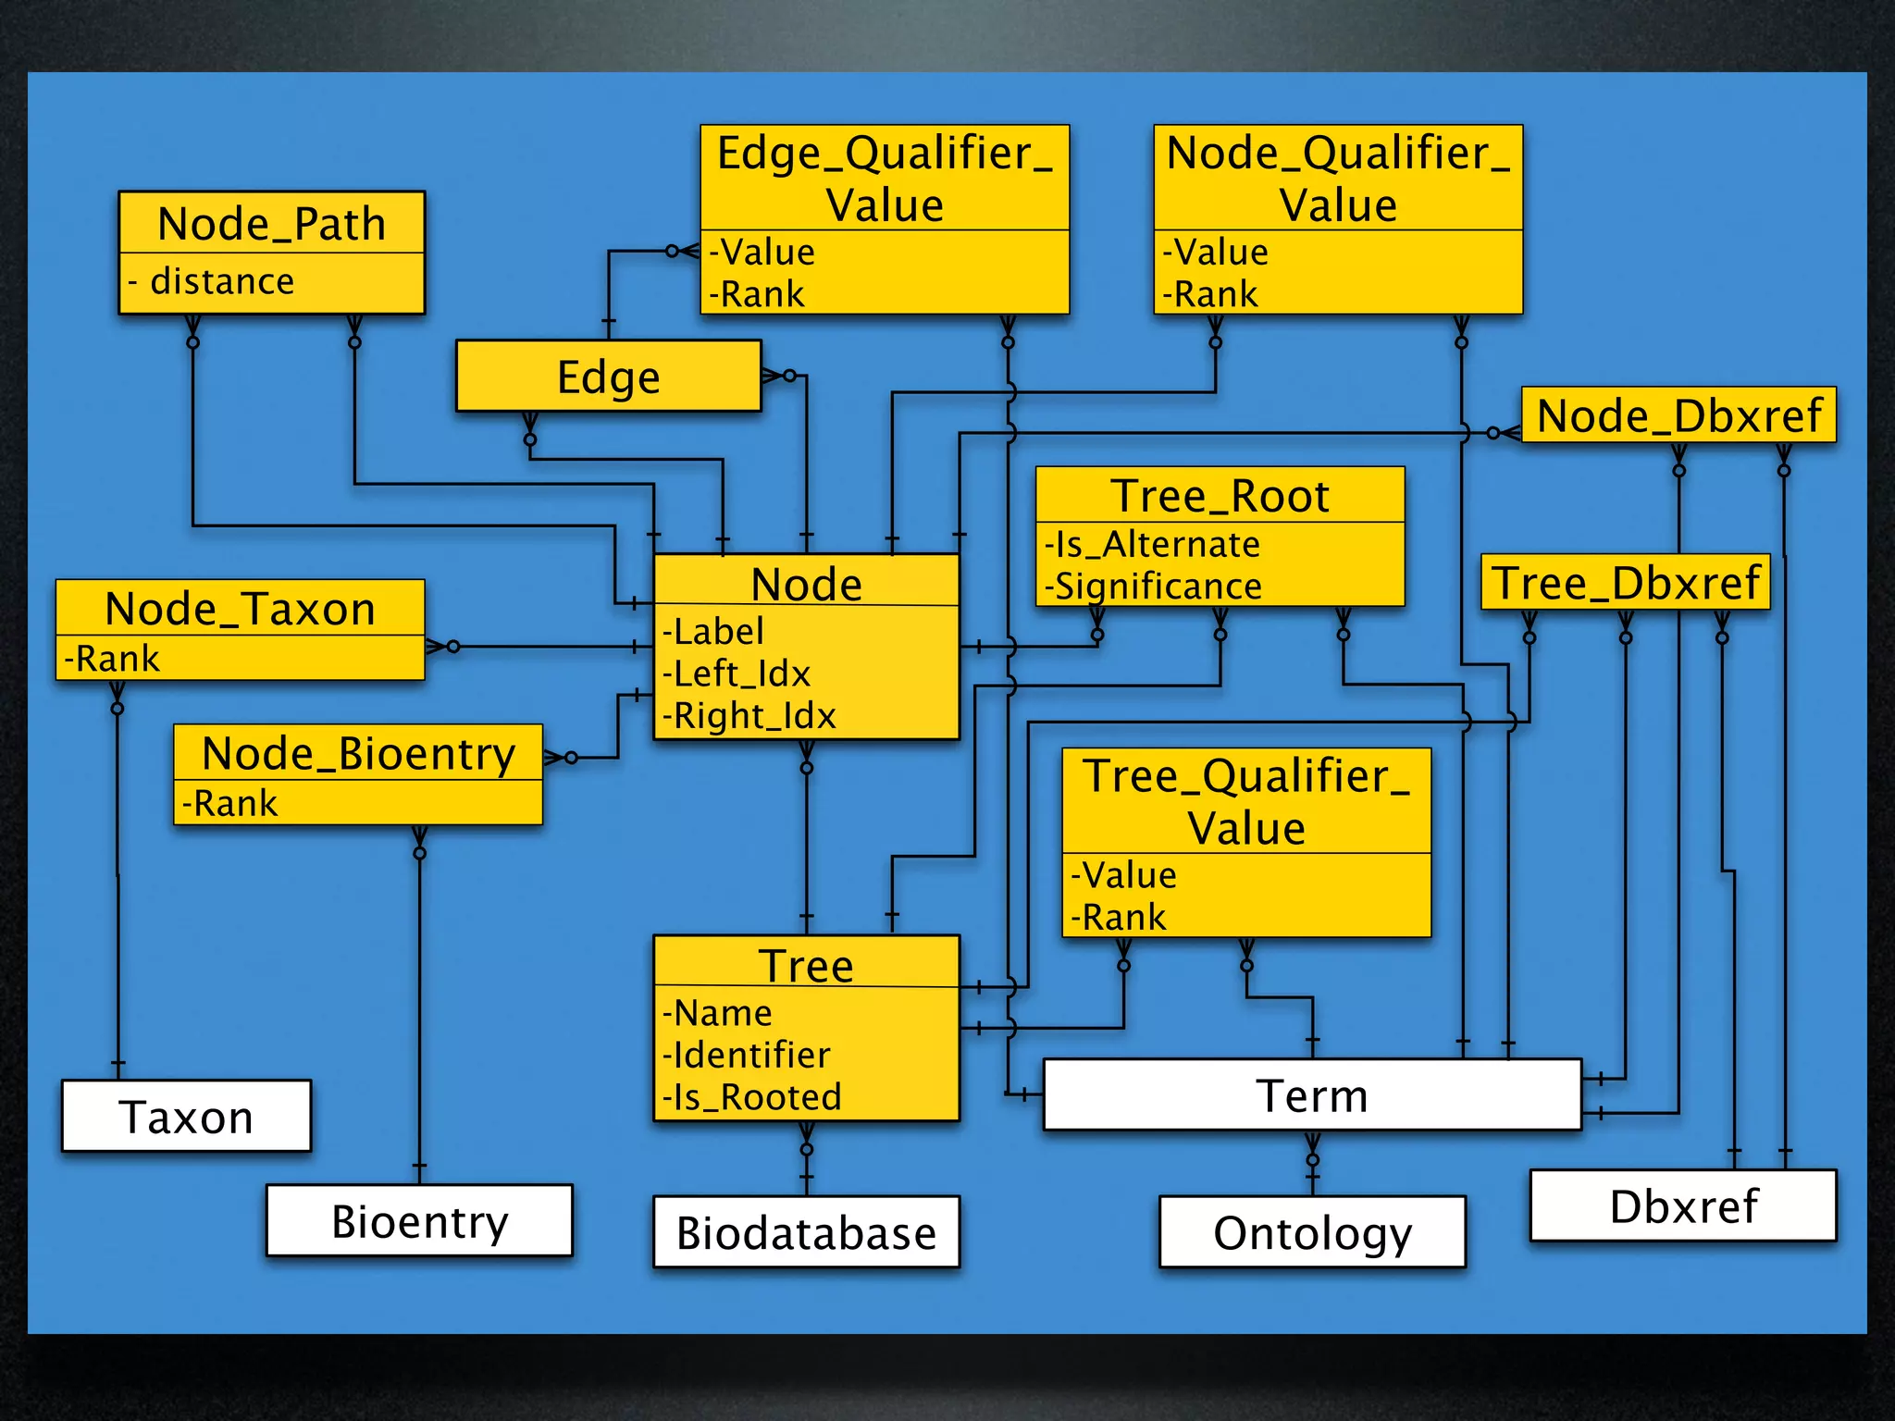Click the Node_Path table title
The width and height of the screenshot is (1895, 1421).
click(x=271, y=224)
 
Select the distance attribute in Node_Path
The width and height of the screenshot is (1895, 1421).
click(x=222, y=281)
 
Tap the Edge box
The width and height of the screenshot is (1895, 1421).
click(x=608, y=377)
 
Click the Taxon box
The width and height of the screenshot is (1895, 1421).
click(x=186, y=1117)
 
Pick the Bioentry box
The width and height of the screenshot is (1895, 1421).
click(x=419, y=1221)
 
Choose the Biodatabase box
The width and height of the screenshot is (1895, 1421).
click(x=806, y=1232)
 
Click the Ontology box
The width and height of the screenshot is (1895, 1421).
click(x=1312, y=1232)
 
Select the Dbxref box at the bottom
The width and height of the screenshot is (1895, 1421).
click(x=1683, y=1205)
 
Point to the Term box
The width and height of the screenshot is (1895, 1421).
click(x=1312, y=1095)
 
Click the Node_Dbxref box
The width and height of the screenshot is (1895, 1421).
click(x=1678, y=415)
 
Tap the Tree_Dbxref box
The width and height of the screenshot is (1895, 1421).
click(x=1626, y=583)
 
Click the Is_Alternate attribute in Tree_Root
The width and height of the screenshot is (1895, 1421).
click(x=1153, y=544)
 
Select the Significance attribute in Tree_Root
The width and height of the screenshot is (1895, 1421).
click(x=1155, y=587)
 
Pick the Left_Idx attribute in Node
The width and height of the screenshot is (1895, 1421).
click(x=737, y=673)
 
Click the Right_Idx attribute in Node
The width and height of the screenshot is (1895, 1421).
click(x=750, y=716)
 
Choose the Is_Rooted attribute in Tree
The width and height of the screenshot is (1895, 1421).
click(x=753, y=1097)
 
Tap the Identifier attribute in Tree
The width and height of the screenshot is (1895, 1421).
click(x=748, y=1055)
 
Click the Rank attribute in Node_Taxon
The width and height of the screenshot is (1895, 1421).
click(x=113, y=659)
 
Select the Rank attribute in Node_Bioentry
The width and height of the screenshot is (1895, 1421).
click(x=230, y=803)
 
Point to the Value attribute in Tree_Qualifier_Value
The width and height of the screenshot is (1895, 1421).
click(x=1124, y=875)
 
